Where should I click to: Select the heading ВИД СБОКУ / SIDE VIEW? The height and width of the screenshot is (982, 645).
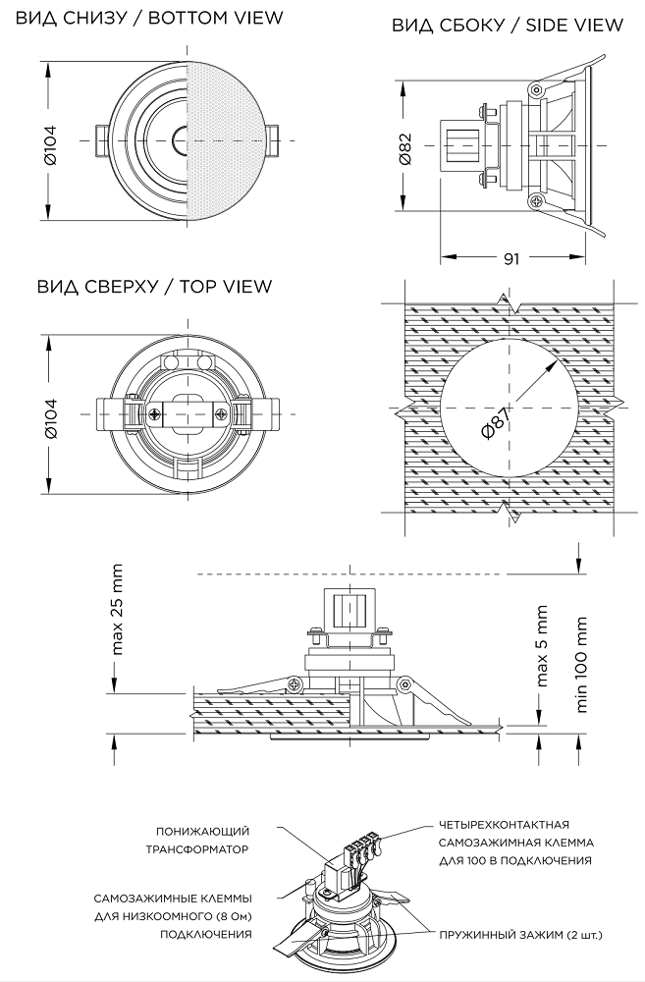click(508, 26)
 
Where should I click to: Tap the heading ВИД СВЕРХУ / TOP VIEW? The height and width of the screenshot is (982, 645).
click(154, 287)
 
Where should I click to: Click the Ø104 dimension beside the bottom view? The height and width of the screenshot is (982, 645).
click(50, 144)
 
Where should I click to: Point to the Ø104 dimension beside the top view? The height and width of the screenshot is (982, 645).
click(50, 419)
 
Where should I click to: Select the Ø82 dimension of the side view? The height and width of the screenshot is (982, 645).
click(404, 148)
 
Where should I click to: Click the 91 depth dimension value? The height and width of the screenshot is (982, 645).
click(511, 259)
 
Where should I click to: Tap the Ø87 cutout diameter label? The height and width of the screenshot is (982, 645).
click(497, 422)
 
